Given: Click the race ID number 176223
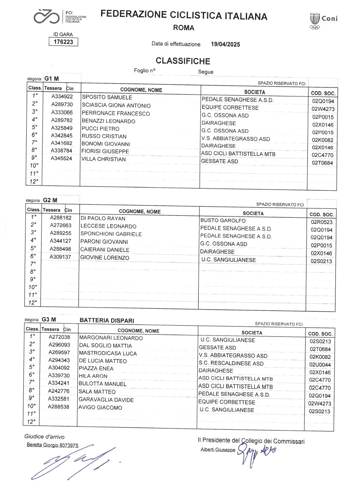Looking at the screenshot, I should pos(63,42).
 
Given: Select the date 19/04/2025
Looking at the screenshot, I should pos(225,44).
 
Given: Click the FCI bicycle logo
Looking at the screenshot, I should pos(47,17).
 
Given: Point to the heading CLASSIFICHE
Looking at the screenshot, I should pos(183,61).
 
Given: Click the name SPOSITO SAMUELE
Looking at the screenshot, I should pos(107,98).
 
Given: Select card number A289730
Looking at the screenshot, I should pos(62,105).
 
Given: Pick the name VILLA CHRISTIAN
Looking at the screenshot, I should pos(104,159).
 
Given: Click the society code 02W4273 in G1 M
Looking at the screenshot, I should pos(323,109).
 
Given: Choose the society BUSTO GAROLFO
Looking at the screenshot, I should pos(223,221).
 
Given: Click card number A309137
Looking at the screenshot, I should pos(61,257).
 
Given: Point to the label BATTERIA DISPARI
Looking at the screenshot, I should pos(107,320).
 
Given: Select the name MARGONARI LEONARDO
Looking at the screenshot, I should pos(111,338).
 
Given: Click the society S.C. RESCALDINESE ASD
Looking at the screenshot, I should pos(231,364).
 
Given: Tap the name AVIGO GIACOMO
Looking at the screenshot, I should pos(100,408).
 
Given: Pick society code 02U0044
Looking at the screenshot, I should pos(321,365).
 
